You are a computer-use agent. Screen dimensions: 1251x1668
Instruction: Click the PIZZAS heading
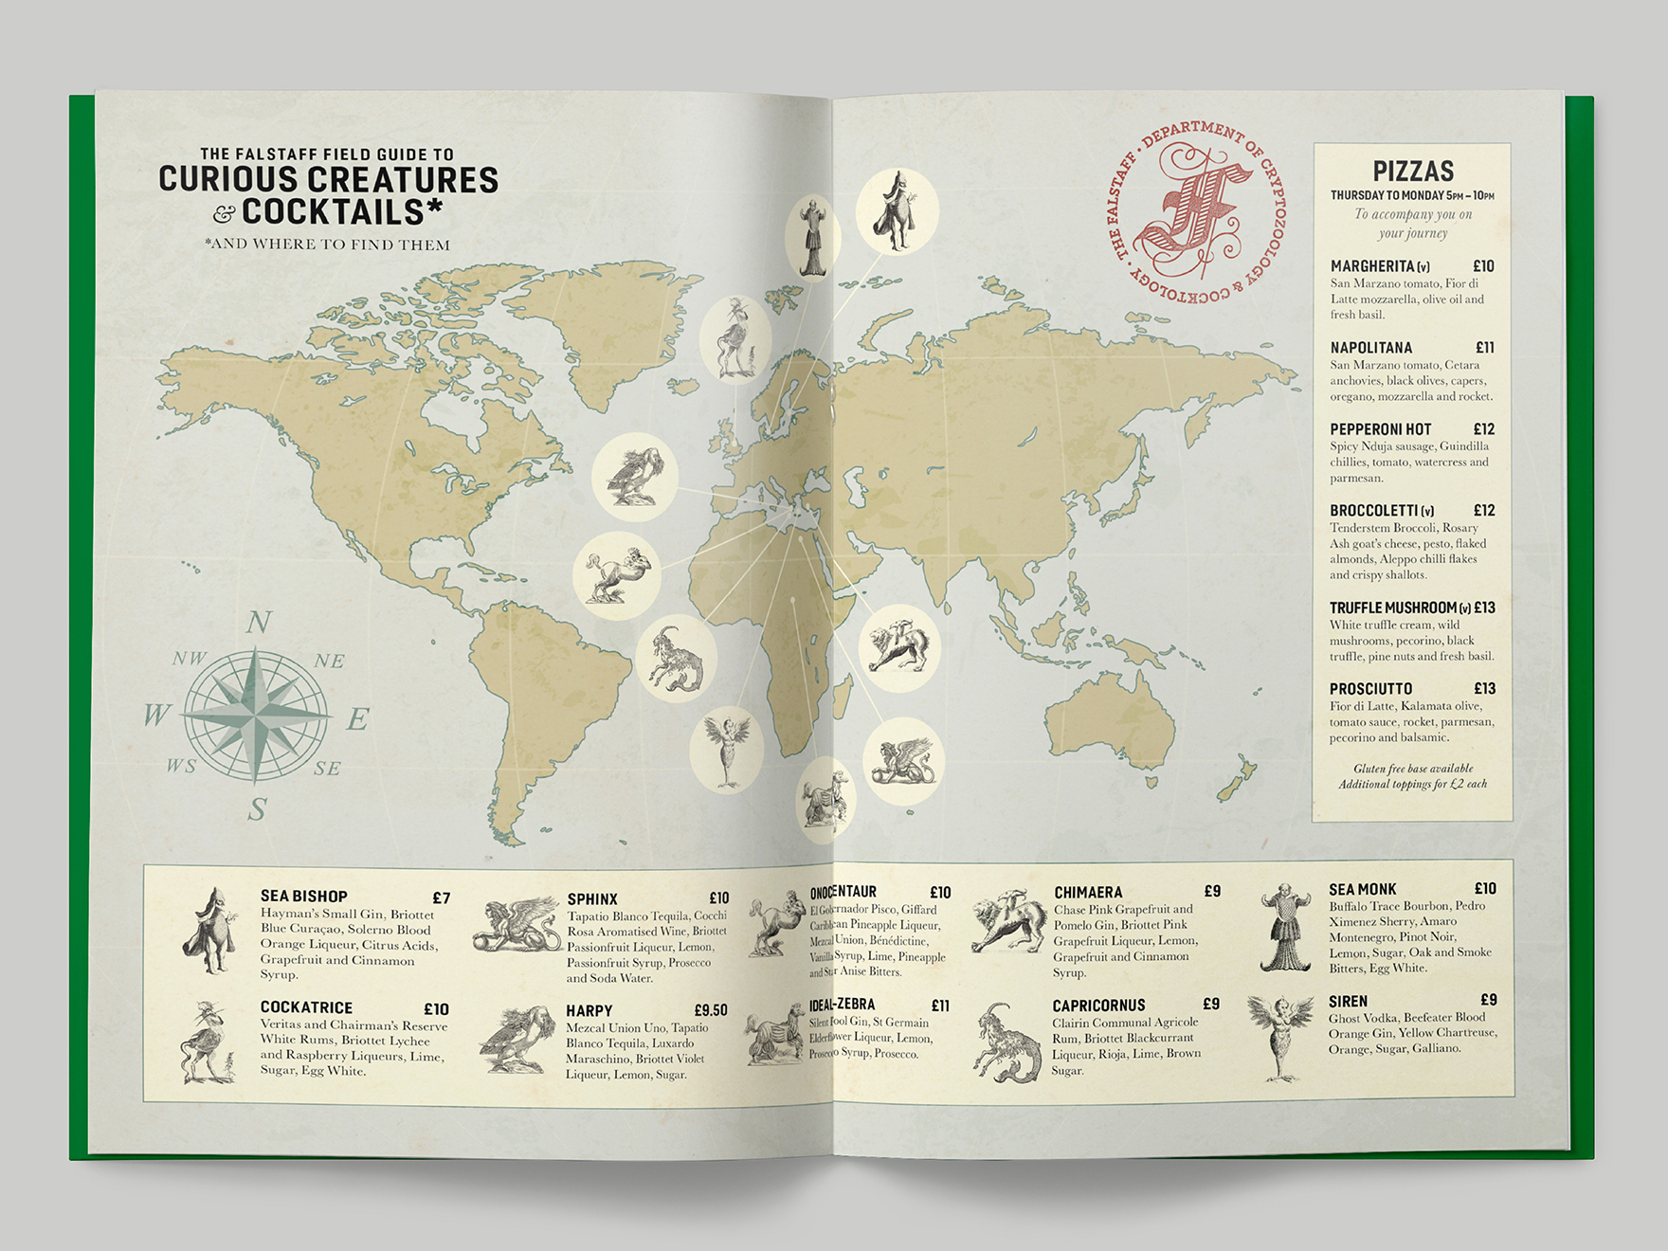tap(1412, 172)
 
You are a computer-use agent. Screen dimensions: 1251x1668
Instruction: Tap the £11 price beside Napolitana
tap(1484, 348)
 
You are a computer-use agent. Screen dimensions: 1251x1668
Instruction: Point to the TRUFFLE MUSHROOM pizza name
tap(1392, 607)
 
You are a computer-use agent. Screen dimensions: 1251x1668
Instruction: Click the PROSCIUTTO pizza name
tap(1370, 689)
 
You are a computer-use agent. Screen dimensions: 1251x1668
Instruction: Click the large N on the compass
tap(259, 623)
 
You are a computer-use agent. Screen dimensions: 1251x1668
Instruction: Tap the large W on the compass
tap(156, 715)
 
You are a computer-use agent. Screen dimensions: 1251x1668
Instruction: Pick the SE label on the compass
tap(327, 768)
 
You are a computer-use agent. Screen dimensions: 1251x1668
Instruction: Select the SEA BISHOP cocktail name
tap(303, 896)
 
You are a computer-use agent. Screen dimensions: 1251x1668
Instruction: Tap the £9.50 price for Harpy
tap(710, 1010)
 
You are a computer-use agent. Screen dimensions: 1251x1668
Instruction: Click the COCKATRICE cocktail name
tap(306, 1007)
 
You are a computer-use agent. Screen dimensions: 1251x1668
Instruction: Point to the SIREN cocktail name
tap(1348, 1001)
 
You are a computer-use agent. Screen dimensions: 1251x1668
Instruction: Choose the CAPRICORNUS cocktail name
tap(1098, 1005)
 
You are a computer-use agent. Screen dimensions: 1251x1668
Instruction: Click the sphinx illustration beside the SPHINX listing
tap(517, 926)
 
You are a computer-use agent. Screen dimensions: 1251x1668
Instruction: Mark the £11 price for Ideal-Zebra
tap(939, 1006)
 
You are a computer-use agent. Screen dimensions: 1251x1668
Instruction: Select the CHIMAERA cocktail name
tap(1088, 892)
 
